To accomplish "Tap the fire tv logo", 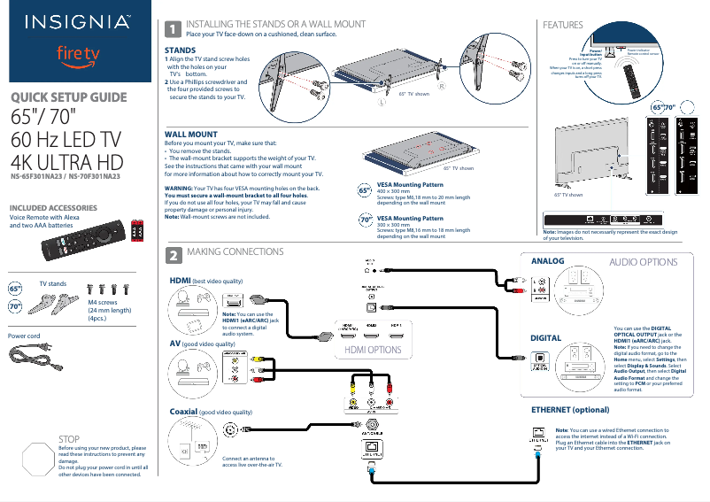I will tap(78, 55).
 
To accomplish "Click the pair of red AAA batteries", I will tap(136, 233).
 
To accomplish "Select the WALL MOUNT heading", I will tap(191, 134).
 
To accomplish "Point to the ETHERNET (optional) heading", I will tap(571, 411).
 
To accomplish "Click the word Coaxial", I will tap(183, 412).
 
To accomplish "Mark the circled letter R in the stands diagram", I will tap(441, 86).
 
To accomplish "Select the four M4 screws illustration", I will tap(108, 289).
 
